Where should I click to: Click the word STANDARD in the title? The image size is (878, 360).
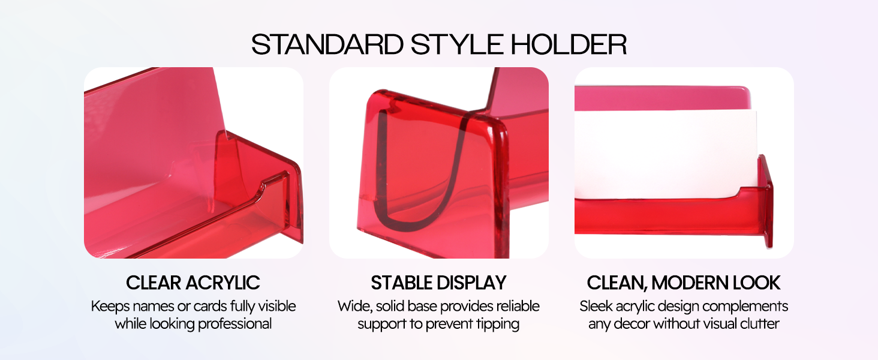[327, 44]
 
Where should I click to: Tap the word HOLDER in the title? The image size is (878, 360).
[569, 44]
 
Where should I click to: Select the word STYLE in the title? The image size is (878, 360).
[457, 44]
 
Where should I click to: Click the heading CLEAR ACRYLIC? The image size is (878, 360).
[193, 283]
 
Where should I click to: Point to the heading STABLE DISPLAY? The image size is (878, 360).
[438, 283]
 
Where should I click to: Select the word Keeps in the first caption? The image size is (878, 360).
[110, 307]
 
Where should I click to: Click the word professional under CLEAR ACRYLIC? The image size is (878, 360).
[234, 325]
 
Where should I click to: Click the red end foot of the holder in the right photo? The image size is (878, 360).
[766, 201]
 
